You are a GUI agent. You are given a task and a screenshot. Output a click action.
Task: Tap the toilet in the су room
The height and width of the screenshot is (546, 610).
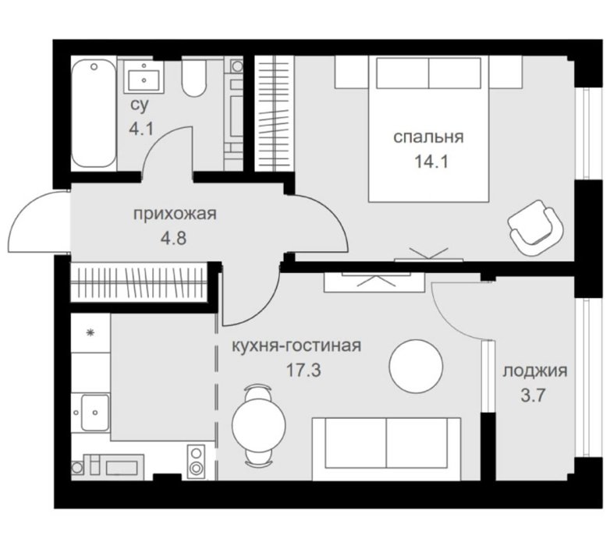pyautogui.click(x=194, y=77)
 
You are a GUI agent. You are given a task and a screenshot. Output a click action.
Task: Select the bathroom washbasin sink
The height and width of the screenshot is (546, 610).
pyautogui.click(x=144, y=77)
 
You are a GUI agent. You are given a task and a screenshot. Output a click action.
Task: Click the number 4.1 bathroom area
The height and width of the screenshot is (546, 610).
pyautogui.click(x=142, y=129)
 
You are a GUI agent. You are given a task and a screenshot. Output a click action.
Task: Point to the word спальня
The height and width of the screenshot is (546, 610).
pyautogui.click(x=428, y=137)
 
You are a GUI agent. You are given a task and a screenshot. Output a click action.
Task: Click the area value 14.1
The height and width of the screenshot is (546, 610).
pyautogui.click(x=431, y=161)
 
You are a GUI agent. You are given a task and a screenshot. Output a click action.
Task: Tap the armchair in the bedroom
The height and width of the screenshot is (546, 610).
pyautogui.click(x=536, y=228)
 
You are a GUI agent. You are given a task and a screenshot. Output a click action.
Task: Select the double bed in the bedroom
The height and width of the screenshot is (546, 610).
pyautogui.click(x=429, y=129)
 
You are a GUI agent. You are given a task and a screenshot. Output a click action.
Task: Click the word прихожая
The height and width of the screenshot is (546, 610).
pyautogui.click(x=175, y=214)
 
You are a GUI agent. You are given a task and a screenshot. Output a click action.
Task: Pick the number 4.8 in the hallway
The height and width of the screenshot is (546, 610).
pyautogui.click(x=173, y=238)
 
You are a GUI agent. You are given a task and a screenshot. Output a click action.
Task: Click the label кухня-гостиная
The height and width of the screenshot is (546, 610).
pyautogui.click(x=296, y=346)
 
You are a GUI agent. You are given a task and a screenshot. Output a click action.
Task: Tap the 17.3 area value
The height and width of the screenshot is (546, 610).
pyautogui.click(x=303, y=370)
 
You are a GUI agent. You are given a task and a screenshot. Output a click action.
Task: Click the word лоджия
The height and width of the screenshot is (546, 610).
pyautogui.click(x=535, y=371)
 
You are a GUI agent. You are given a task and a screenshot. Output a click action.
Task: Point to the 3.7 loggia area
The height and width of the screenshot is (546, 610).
pyautogui.click(x=534, y=396)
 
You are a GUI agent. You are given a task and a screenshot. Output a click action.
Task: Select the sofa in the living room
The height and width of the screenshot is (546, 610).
pyautogui.click(x=386, y=448)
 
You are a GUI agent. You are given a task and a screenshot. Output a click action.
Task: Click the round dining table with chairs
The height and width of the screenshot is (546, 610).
pyautogui.click(x=258, y=426)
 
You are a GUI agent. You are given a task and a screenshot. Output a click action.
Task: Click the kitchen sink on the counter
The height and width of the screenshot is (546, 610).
pyautogui.click(x=95, y=413)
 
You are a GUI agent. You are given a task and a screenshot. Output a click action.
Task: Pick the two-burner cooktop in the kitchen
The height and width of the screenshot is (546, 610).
pyautogui.click(x=196, y=462)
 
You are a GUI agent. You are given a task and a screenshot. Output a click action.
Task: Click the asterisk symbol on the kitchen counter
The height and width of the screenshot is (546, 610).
pyautogui.click(x=90, y=333)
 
